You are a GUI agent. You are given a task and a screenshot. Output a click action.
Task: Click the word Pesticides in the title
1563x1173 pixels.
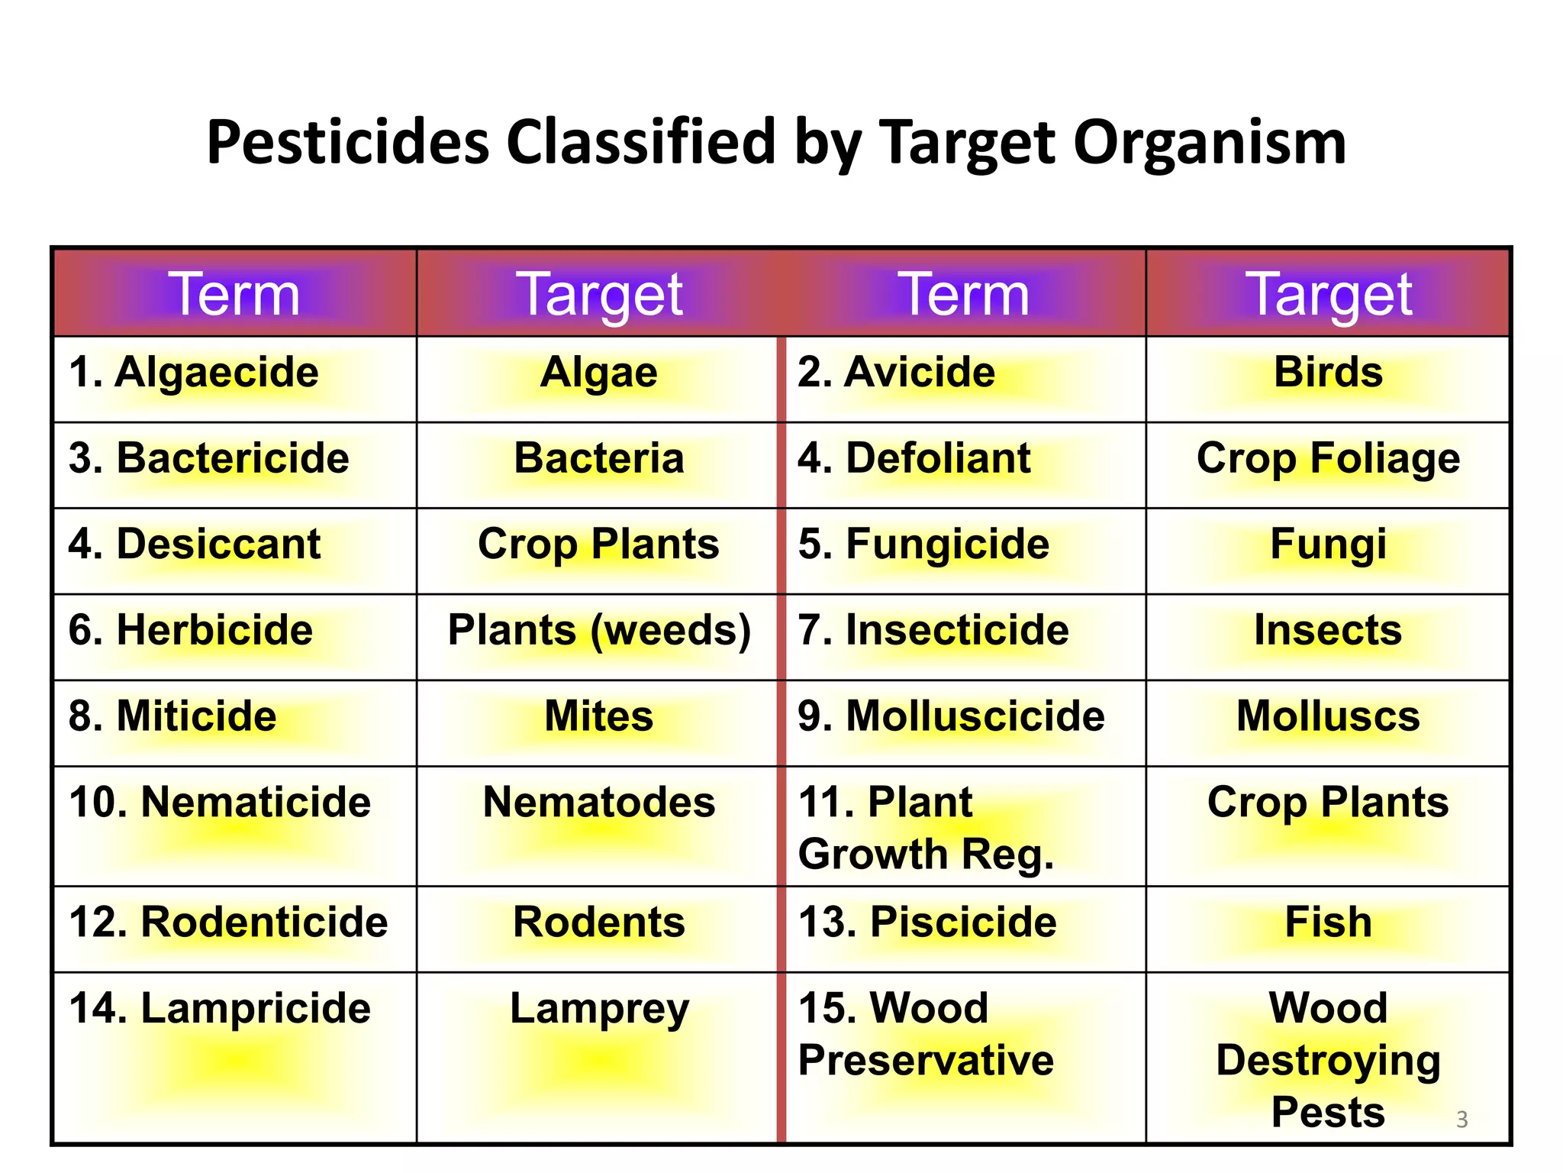[348, 143]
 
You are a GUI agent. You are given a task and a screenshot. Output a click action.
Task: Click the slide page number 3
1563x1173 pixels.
[1461, 1120]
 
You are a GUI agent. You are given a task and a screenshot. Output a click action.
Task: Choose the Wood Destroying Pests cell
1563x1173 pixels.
[1328, 1059]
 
